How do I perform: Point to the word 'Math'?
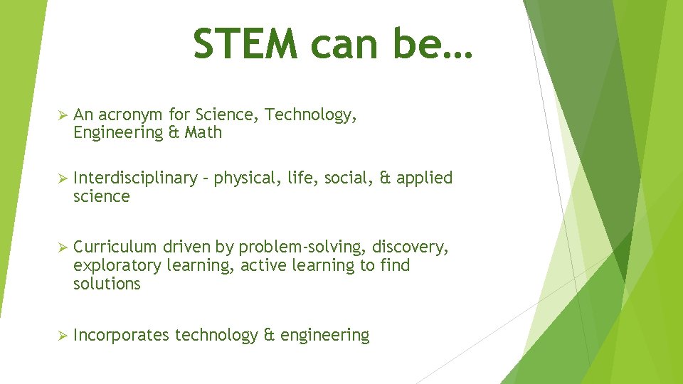coord(203,132)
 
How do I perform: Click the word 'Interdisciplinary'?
coord(134,178)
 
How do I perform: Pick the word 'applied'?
coord(425,178)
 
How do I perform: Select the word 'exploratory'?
coord(117,266)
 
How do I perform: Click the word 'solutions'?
coord(107,284)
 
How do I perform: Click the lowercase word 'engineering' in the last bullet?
coord(325,336)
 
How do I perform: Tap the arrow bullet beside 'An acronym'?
coord(62,115)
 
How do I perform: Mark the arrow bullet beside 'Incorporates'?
coord(62,336)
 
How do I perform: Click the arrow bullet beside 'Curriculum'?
coord(62,247)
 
